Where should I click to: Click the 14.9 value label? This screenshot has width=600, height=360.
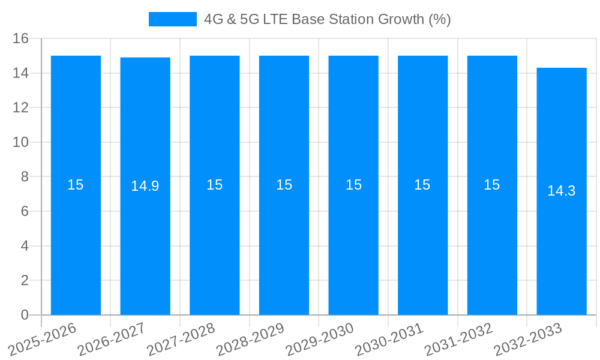point(145,186)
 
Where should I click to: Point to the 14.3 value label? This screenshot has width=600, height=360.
point(562,191)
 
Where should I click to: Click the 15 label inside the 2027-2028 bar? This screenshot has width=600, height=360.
point(215,185)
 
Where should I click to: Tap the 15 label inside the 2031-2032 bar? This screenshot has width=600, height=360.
point(492,185)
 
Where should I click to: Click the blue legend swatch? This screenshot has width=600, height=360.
point(172,19)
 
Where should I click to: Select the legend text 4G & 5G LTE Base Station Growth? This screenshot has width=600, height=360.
point(327,19)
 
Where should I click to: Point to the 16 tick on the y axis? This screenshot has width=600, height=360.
point(21,38)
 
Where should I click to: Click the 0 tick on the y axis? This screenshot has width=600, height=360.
point(25,315)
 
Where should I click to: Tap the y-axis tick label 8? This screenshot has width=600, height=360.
point(25,177)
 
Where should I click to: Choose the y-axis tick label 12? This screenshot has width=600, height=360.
point(21,108)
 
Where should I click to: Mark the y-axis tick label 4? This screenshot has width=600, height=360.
point(25,246)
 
